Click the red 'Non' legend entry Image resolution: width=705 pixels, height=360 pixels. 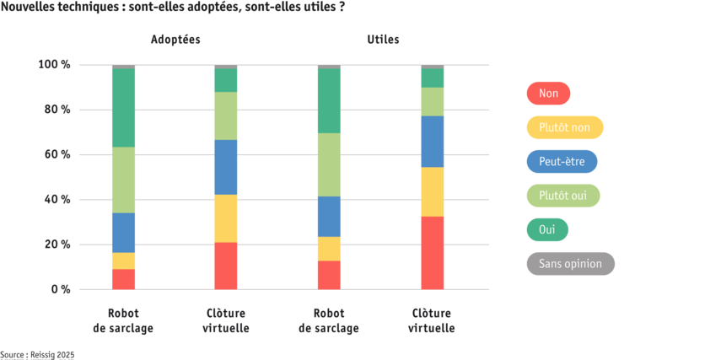point(547,93)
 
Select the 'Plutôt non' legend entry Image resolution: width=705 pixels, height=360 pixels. point(564,127)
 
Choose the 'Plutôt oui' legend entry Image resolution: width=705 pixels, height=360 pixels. point(562,196)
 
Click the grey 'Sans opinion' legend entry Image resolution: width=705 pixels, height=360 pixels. point(570,264)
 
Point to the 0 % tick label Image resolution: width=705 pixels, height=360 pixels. point(60,290)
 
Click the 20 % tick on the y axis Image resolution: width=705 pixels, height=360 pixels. point(58,244)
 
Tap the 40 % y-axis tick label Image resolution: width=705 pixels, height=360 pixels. point(58,200)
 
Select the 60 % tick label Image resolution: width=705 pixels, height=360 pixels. point(58,155)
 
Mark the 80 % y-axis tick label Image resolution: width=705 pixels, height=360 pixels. point(58,110)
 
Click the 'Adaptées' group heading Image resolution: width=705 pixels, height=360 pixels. point(175,40)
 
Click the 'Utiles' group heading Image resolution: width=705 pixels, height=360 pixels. point(384,40)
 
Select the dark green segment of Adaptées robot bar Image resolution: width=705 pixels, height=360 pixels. point(123,108)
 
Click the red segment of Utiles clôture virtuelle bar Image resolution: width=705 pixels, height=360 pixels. point(433,253)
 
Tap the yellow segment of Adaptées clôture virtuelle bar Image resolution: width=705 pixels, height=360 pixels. point(226,218)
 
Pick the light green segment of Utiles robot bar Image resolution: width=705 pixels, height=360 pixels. point(329,164)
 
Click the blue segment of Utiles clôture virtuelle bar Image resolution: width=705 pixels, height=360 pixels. point(433,142)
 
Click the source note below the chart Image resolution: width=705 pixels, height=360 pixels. point(37,355)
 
